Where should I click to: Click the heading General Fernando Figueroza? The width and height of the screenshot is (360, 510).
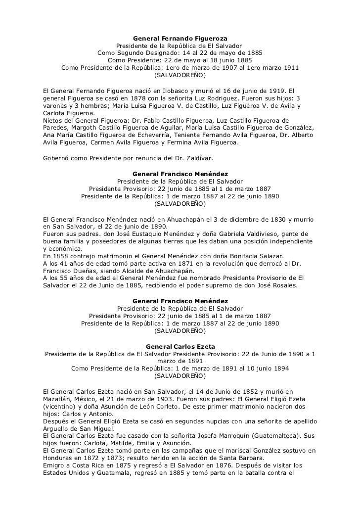180,38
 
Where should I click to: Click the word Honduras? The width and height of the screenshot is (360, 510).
59,458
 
